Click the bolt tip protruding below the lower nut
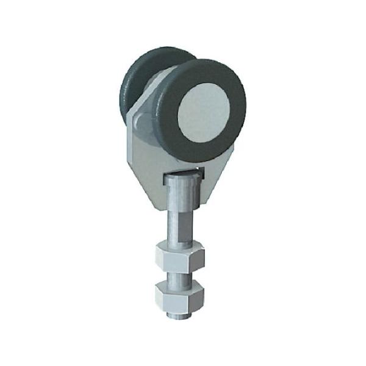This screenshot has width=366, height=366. point(177,315)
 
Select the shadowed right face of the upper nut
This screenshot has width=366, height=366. point(197,259)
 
